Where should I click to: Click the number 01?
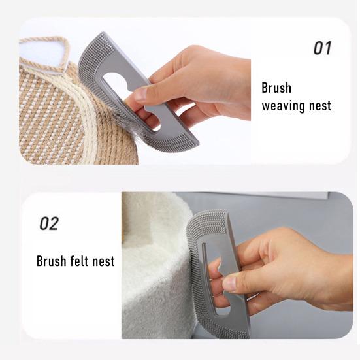[322, 48]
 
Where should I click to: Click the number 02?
[50, 223]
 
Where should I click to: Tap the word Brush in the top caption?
[276, 88]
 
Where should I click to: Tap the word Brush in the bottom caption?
[51, 261]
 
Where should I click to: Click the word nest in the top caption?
[320, 105]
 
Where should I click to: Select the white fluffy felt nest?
[157, 274]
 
